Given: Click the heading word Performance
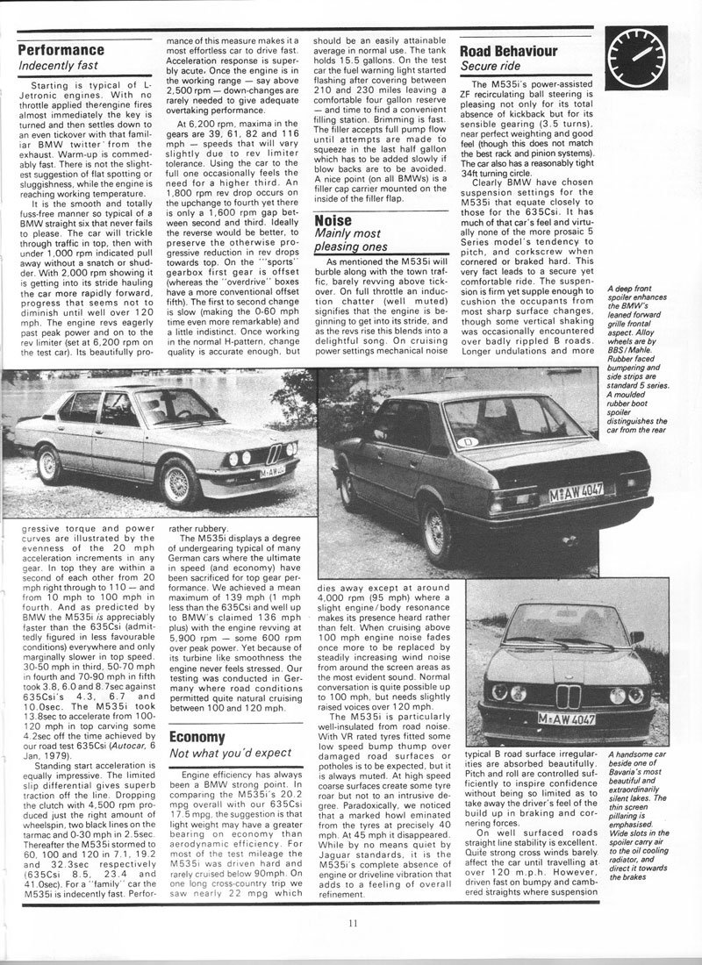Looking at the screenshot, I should point(61,50).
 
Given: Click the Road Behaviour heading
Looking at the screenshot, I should point(509,51).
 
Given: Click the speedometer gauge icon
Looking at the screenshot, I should point(648,54).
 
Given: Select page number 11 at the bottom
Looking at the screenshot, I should point(352,921).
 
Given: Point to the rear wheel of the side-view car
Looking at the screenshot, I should point(50,463).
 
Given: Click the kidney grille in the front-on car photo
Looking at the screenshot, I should point(568,697).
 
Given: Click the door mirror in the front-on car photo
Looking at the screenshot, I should point(638,637).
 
